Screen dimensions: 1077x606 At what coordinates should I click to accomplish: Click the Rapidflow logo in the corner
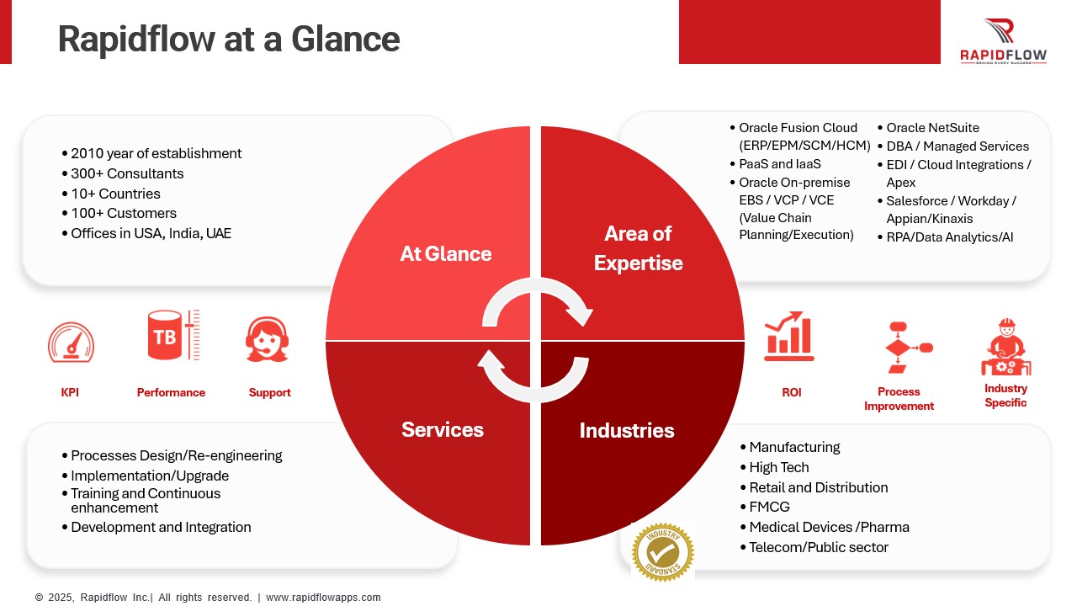pos(1004,41)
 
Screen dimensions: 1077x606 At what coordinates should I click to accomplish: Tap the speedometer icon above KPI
pos(72,343)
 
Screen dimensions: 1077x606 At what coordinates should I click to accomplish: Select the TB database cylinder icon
pos(173,335)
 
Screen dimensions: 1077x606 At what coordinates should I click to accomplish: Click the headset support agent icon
pos(268,339)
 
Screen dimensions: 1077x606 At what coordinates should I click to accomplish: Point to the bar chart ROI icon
pos(789,336)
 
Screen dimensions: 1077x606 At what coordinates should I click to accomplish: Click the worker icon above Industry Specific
pos(1005,347)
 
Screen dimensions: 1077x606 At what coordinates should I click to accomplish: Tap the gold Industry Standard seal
pos(663,552)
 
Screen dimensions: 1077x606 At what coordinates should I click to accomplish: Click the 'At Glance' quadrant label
pos(446,254)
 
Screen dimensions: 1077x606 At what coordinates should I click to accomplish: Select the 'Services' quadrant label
pos(443,429)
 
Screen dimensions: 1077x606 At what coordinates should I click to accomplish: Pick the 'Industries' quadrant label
pos(627,430)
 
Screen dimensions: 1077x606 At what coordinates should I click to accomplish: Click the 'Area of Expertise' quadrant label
pos(639,248)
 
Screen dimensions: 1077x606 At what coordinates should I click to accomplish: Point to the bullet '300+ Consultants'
pos(127,173)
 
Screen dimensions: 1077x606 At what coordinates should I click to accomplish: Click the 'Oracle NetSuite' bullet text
pos(933,127)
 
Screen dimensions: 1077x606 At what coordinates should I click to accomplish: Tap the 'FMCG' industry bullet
pos(769,507)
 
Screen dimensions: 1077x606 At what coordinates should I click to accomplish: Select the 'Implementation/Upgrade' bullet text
pos(150,476)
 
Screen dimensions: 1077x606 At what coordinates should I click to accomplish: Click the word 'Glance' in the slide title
pos(345,39)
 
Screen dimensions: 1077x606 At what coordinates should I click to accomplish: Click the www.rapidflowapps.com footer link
pos(323,598)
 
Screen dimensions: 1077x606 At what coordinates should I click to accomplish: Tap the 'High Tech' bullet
pos(779,467)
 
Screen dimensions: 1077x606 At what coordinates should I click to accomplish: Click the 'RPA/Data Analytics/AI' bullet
pos(950,237)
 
